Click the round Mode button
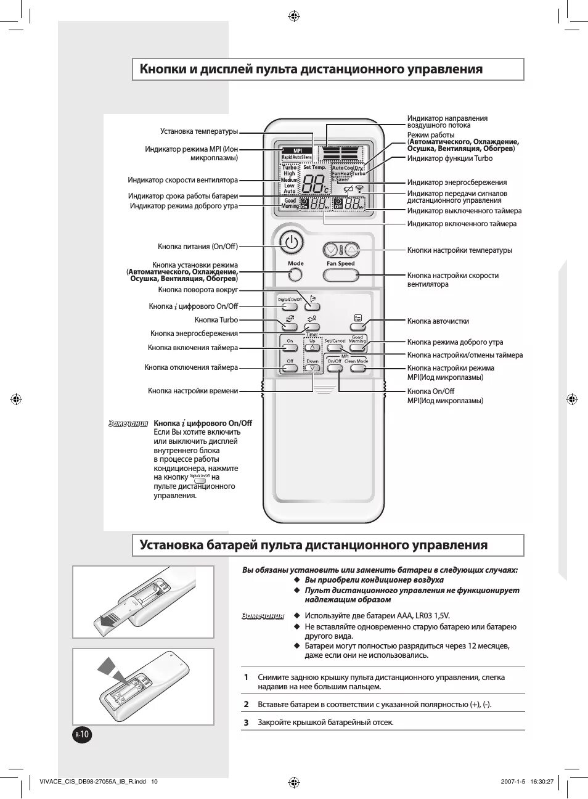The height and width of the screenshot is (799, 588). coord(295,276)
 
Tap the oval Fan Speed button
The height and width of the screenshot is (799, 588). coord(340,274)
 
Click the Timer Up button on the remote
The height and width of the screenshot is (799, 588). coord(312,348)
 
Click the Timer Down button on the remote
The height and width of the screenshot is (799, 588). coord(313,368)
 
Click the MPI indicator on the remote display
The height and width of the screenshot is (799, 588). coord(297,150)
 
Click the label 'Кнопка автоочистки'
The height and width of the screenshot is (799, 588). coord(438,321)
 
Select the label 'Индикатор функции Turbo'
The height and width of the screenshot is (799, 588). coord(449,158)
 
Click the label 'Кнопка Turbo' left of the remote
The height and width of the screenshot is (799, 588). coord(216,320)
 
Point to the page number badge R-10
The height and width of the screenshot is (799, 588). coord(82,734)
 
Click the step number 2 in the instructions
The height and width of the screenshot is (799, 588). coord(246,704)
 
